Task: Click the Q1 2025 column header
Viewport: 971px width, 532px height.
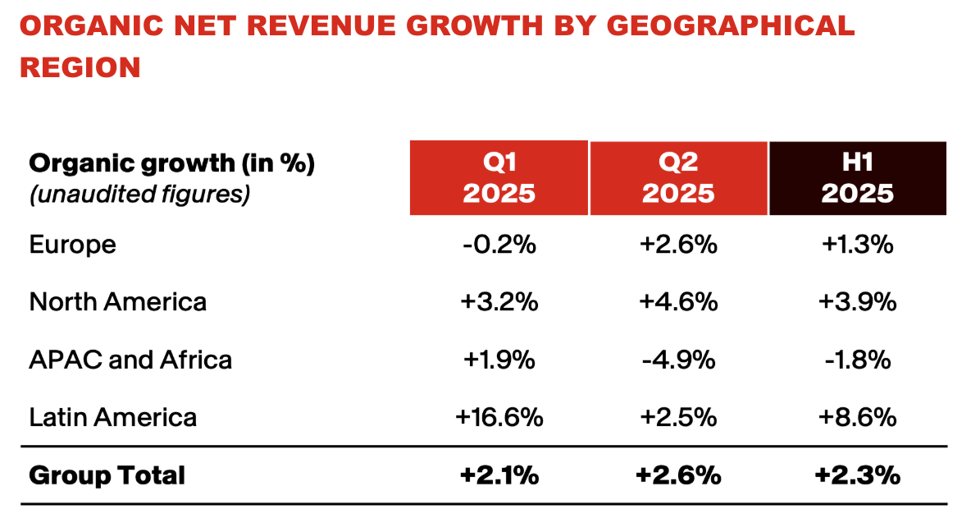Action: coord(499,178)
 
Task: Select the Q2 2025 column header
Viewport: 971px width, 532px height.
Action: coord(678,178)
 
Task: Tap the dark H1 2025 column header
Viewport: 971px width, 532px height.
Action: coord(857,178)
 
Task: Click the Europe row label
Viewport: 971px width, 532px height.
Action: coord(72,244)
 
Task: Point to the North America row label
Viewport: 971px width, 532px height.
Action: coord(117,301)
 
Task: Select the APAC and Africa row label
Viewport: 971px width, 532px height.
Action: coord(130,360)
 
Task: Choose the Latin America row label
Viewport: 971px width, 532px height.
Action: coord(112,417)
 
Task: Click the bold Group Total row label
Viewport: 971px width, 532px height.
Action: coord(107,475)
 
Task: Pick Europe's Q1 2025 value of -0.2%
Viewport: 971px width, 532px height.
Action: coord(499,244)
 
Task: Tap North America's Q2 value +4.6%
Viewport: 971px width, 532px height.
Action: coord(678,301)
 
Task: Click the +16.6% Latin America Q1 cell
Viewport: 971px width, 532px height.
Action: coord(499,417)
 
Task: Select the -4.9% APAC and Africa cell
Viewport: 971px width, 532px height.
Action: coord(678,360)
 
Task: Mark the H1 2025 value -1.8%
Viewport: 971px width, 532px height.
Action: coord(857,360)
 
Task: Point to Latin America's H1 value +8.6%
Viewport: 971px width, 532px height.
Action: coord(857,417)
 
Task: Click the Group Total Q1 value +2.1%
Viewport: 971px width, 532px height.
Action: coord(499,475)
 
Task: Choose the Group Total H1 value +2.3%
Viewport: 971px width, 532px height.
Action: coord(857,475)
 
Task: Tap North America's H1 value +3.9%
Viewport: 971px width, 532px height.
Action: coord(857,301)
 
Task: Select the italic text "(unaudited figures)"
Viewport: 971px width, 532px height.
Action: coord(139,195)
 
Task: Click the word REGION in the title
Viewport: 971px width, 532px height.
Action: coord(80,67)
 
